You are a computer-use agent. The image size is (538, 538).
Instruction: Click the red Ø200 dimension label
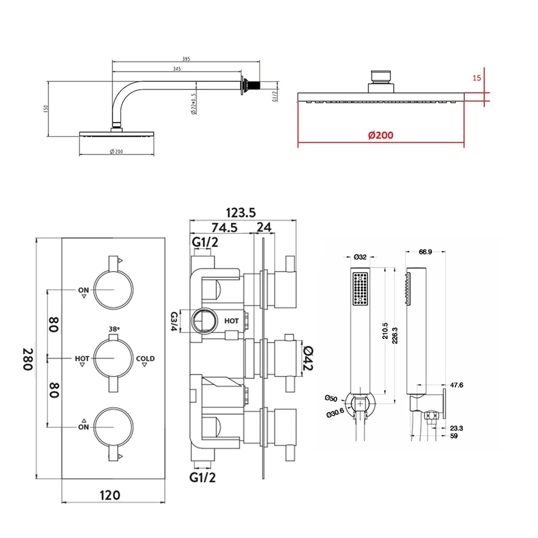tap(381, 135)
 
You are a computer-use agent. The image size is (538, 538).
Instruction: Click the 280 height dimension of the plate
tap(28, 358)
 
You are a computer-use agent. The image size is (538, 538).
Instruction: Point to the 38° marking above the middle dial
tap(114, 329)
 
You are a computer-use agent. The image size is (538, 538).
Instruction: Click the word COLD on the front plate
tap(145, 359)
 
